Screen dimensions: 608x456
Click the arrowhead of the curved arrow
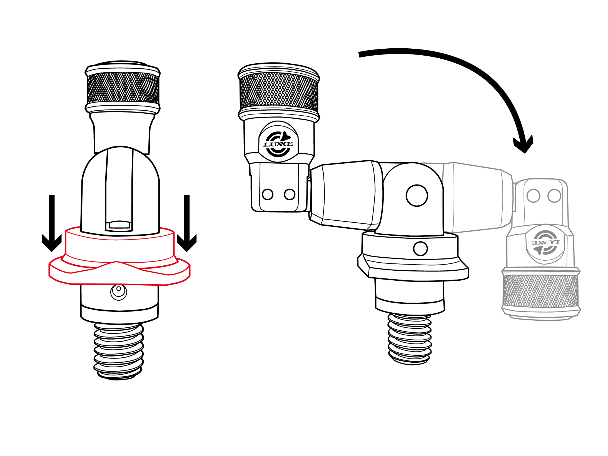click(524, 144)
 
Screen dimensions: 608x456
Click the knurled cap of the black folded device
click(279, 92)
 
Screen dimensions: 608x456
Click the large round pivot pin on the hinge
click(417, 196)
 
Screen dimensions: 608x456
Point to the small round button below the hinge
click(420, 248)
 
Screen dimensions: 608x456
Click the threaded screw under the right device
click(410, 339)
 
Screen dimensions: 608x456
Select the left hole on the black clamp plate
click(268, 194)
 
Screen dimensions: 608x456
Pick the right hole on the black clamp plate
click(290, 194)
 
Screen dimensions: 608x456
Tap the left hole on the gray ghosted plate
click(533, 196)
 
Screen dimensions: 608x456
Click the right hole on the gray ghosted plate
click(554, 196)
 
